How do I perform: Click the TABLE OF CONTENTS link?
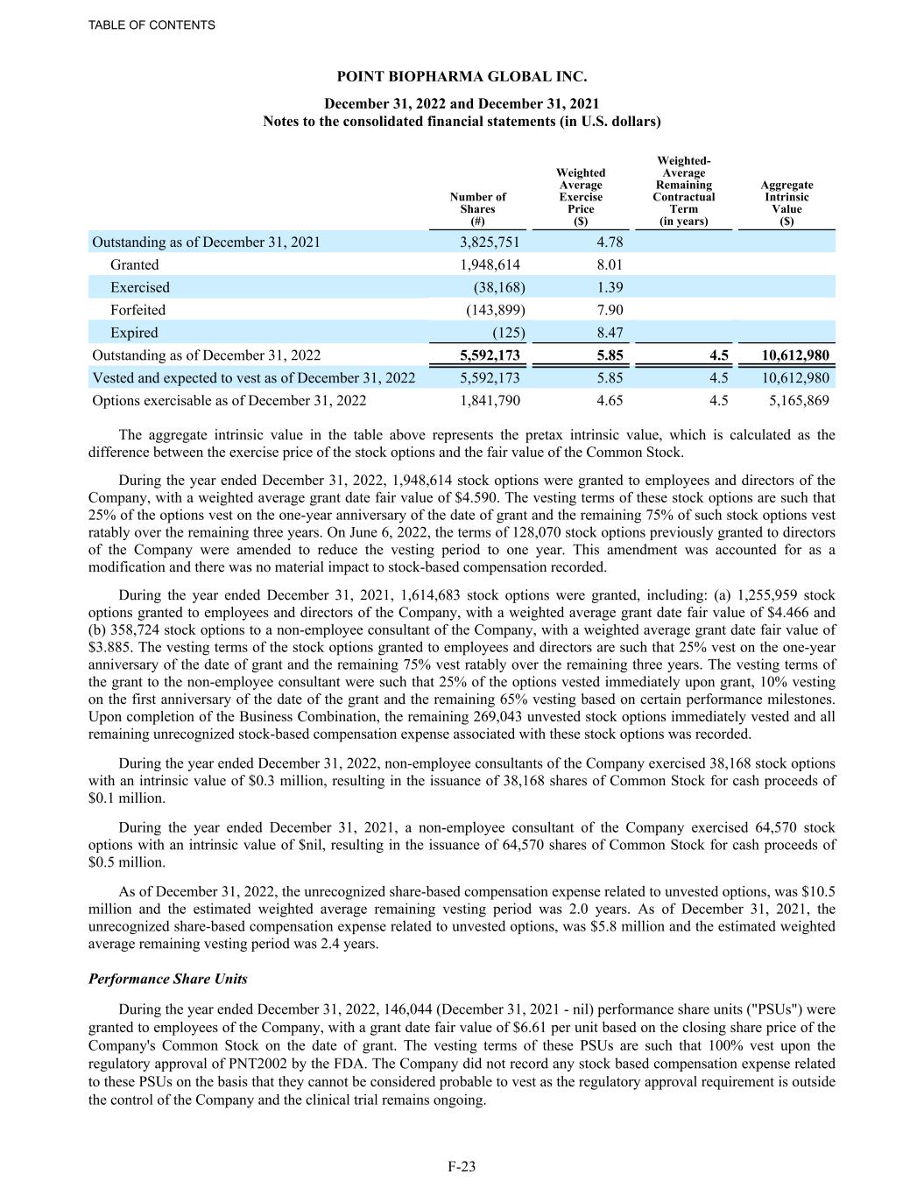(152, 25)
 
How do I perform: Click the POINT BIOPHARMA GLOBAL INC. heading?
(462, 78)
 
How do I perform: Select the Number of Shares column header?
(477, 209)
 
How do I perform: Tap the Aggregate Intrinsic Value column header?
(786, 203)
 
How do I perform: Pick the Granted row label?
(135, 264)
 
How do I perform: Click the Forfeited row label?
(138, 310)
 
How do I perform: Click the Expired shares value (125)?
(507, 333)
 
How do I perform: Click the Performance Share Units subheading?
(168, 979)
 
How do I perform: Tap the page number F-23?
(462, 1166)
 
